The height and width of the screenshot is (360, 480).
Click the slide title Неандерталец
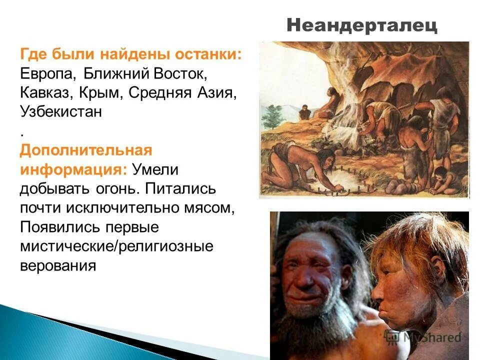tap(362, 25)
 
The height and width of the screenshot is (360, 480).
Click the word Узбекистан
tap(61, 111)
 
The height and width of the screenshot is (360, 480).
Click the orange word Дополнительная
tap(85, 150)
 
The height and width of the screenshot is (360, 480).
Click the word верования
tap(57, 265)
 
